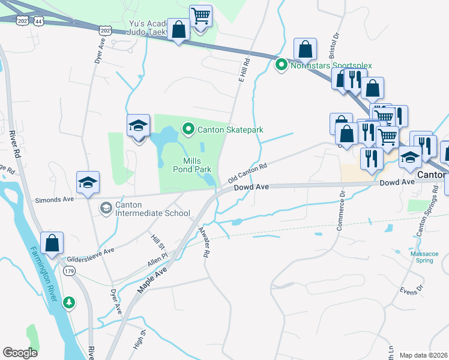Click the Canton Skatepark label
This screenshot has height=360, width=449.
tap(231, 130)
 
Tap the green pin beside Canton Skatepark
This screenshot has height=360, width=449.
tap(188, 129)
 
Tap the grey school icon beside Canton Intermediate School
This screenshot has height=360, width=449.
tap(106, 208)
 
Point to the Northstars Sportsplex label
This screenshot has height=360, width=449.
tap(331, 65)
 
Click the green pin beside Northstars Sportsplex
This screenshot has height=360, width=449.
tap(281, 65)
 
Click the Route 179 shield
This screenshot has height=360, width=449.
tap(69, 271)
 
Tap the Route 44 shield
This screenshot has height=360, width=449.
tap(38, 20)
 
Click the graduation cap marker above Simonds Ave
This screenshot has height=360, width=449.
tap(88, 184)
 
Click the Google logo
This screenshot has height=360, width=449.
tap(20, 353)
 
